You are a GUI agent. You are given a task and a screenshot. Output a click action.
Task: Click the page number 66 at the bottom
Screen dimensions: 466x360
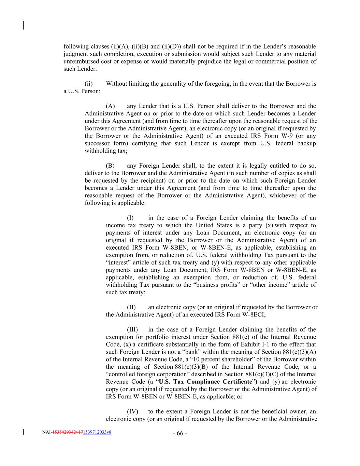click(x=180, y=434)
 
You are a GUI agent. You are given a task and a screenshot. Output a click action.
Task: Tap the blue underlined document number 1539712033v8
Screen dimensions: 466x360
click(x=97, y=432)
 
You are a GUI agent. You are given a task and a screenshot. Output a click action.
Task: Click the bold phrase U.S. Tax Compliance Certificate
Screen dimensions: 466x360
click(x=205, y=382)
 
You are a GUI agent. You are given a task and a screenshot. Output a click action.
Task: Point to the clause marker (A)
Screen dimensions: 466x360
click(x=110, y=106)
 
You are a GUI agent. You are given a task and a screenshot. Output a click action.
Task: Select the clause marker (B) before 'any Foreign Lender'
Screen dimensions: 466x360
click(x=110, y=166)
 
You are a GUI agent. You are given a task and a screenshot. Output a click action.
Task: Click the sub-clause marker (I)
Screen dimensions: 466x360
click(x=130, y=218)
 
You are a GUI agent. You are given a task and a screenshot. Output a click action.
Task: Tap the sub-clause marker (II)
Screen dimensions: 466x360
click(x=131, y=307)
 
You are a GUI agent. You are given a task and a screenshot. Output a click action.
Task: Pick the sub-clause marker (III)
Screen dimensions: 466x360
click(x=132, y=330)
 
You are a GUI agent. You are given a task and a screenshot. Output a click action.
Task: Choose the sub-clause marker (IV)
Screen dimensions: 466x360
click(x=132, y=412)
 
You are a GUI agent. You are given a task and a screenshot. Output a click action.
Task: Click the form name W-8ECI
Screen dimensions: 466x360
click(x=253, y=315)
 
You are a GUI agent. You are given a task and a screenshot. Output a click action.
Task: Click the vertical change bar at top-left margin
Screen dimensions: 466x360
click(x=23, y=26)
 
